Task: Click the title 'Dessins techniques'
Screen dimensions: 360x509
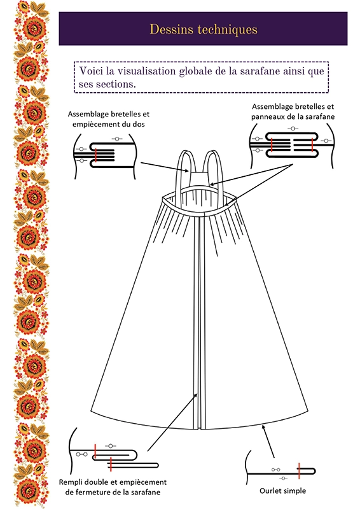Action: tap(204, 29)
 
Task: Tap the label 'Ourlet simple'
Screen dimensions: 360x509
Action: tap(283, 491)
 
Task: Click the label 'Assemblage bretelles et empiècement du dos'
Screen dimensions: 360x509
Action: tap(109, 119)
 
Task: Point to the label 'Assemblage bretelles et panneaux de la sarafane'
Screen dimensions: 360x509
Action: tap(293, 111)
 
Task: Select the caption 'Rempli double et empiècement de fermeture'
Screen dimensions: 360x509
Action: tap(113, 487)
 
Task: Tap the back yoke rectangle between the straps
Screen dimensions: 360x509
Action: tap(198, 179)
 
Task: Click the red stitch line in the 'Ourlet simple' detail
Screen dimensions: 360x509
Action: tap(299, 471)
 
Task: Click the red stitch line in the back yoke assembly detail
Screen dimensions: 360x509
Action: tap(96, 154)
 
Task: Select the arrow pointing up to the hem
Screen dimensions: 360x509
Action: tap(268, 442)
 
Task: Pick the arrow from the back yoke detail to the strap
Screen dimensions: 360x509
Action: tap(165, 167)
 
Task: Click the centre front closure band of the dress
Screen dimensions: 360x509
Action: tap(198, 321)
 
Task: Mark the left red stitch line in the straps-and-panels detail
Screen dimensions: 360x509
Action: tap(271, 145)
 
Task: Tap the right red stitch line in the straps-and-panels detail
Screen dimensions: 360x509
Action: tap(312, 145)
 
